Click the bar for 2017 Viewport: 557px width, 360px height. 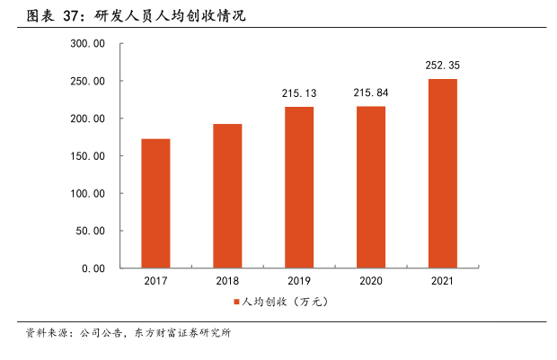pos(155,203)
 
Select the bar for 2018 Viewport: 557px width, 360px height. pos(227,196)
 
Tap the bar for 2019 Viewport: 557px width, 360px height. pos(299,187)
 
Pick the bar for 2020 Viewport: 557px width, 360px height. pos(371,187)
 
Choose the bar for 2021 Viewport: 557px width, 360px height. pos(442,173)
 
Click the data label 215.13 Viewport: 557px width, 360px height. pos(299,93)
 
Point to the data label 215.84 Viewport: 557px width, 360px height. pos(371,93)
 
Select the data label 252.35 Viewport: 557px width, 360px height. pos(442,66)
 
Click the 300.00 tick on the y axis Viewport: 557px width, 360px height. pos(88,44)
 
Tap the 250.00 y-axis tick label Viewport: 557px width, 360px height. pos(88,82)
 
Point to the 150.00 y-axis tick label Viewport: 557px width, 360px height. pos(88,156)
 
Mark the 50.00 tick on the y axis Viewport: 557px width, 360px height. pos(91,231)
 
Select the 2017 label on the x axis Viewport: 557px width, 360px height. pos(155,282)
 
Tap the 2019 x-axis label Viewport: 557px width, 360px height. pos(299,282)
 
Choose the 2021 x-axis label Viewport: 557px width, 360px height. pos(442,282)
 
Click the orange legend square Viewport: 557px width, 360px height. pos(236,303)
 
